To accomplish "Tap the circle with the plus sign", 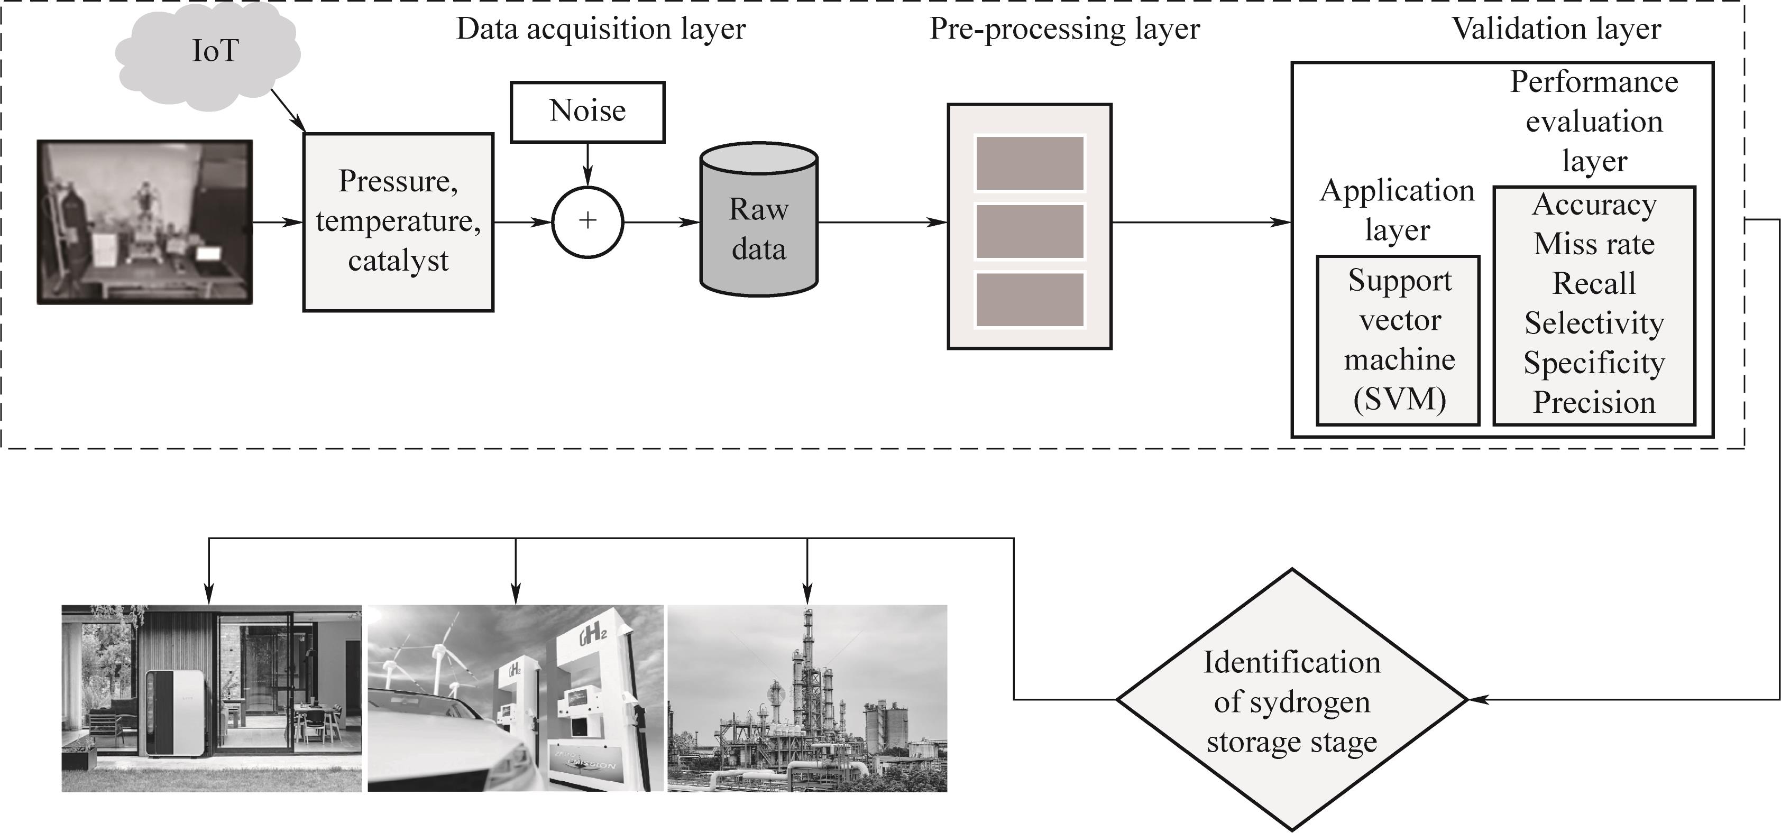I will tap(587, 222).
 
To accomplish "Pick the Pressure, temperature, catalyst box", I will tap(398, 222).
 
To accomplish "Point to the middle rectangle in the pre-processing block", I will tap(1030, 231).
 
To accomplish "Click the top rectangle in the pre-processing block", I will tap(1030, 163).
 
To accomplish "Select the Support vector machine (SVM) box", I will tap(1398, 340).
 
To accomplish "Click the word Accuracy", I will tap(1594, 205).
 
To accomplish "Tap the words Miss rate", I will tap(1594, 244).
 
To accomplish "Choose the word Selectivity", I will tap(1594, 323).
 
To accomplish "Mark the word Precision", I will tap(1594, 403).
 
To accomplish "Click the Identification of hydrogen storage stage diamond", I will tap(1291, 700).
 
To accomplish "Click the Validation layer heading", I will tap(1556, 29).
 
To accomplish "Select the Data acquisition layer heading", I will tap(601, 29).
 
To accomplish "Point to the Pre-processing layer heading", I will tap(1064, 29).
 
